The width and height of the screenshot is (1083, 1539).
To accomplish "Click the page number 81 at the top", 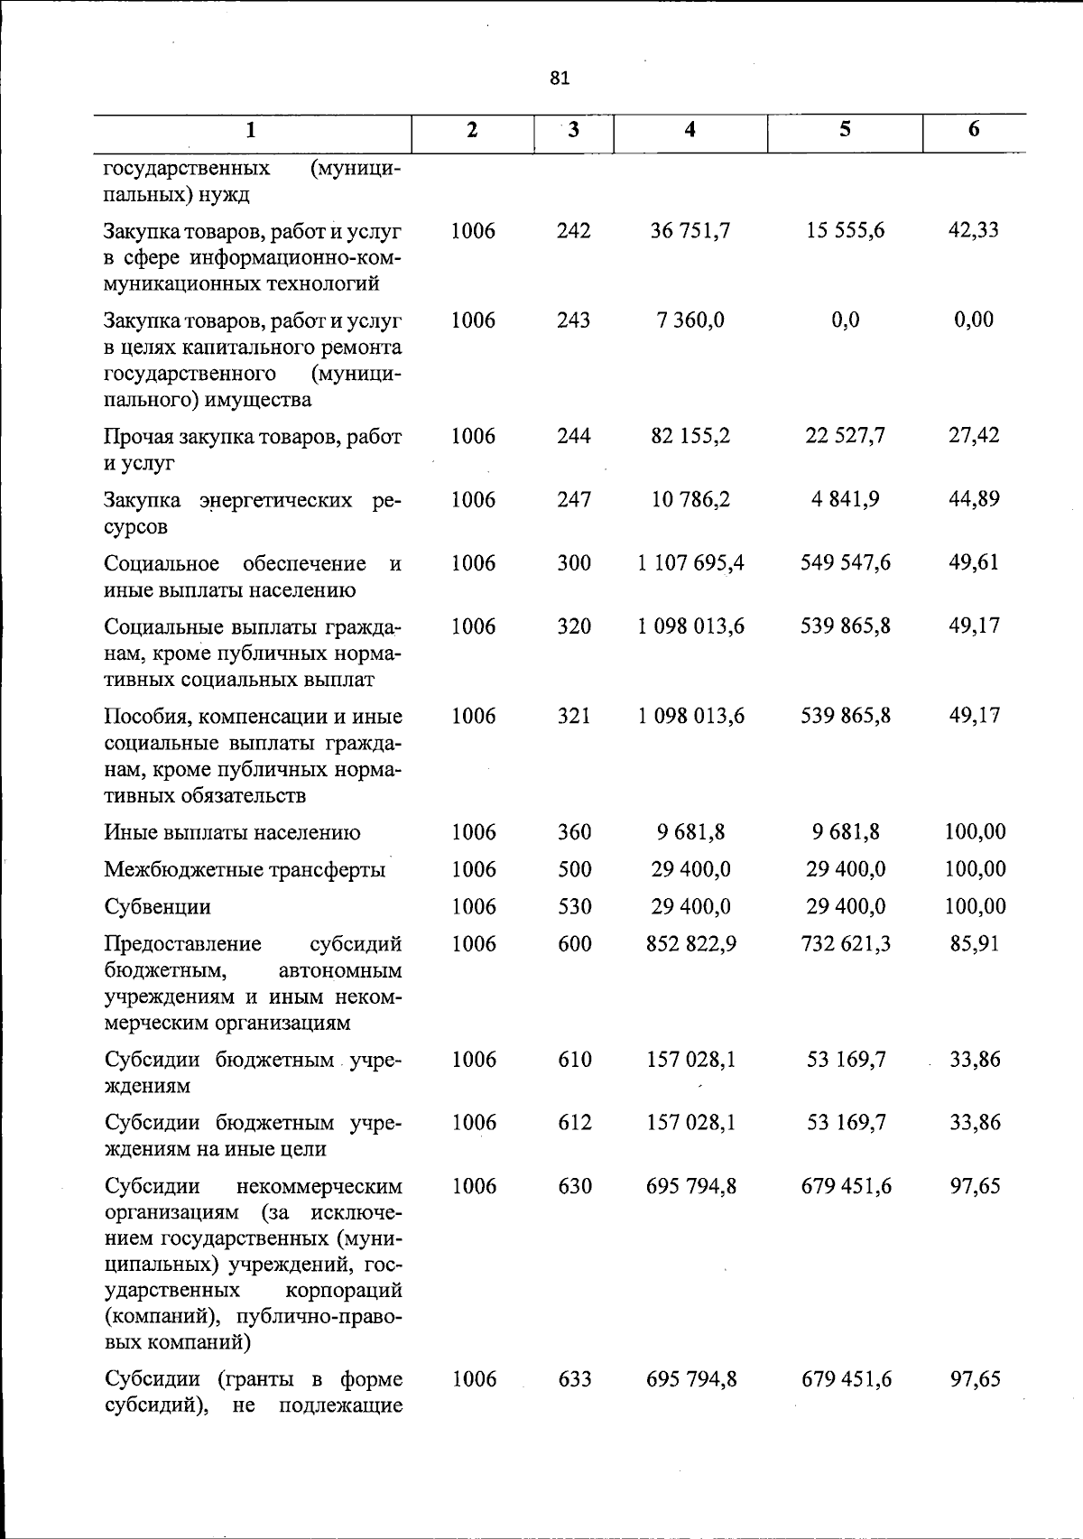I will click(x=560, y=79).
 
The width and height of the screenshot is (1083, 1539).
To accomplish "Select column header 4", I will click(x=690, y=130).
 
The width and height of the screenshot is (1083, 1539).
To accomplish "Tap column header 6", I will click(x=974, y=130).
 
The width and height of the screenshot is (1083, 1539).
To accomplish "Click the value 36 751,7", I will click(x=690, y=231).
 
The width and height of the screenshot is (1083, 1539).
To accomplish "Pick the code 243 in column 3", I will click(x=573, y=320).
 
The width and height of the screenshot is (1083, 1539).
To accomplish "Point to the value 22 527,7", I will click(x=846, y=436).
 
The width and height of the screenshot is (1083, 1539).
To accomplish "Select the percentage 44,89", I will click(x=974, y=499).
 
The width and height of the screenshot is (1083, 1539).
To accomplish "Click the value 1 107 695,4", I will click(x=690, y=563).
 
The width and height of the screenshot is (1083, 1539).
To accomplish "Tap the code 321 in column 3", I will click(x=573, y=716).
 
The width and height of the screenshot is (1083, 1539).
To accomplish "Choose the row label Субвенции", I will click(x=158, y=907).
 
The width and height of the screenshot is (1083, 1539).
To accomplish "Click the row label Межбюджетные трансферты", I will click(x=245, y=870).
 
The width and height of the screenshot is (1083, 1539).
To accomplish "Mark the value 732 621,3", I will click(x=846, y=944).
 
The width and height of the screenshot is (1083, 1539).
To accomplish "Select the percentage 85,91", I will click(x=974, y=944).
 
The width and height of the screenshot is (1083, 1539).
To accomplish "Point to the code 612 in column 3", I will click(x=573, y=1123).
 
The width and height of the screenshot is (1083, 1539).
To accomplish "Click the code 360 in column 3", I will click(x=573, y=832).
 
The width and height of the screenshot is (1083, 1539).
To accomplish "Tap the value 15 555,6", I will click(x=846, y=231).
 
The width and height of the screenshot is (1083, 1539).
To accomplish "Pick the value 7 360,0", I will click(x=690, y=320).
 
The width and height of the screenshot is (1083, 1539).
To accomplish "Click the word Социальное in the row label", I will click(x=162, y=564).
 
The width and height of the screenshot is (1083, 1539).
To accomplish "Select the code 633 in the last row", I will click(x=573, y=1379).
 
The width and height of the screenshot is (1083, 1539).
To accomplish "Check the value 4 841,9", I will click(x=846, y=499).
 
